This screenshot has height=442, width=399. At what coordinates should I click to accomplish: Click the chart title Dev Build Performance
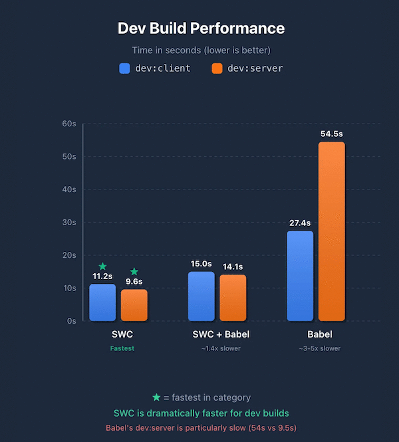tap(201, 29)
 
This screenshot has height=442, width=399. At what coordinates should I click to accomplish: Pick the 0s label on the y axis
tap(71, 320)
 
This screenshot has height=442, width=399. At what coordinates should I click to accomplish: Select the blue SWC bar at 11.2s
tap(102, 302)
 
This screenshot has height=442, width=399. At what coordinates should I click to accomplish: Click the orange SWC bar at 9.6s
tap(134, 305)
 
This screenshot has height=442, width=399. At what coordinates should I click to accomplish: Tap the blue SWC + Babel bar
tap(201, 296)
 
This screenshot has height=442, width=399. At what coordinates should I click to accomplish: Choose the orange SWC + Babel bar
tap(233, 298)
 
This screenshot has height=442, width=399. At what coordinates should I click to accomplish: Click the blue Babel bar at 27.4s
tap(300, 276)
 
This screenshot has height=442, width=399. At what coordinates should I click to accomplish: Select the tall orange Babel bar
tap(332, 231)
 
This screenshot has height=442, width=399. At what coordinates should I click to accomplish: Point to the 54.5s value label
tap(332, 134)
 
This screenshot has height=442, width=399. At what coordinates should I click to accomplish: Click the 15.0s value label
tap(201, 264)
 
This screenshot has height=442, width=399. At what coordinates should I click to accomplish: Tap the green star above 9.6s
tap(134, 271)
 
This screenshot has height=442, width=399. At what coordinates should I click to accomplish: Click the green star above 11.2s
tap(102, 266)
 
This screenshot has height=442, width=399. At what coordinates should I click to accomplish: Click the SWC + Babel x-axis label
tap(217, 334)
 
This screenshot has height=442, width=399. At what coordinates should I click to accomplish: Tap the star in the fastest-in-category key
tap(156, 397)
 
